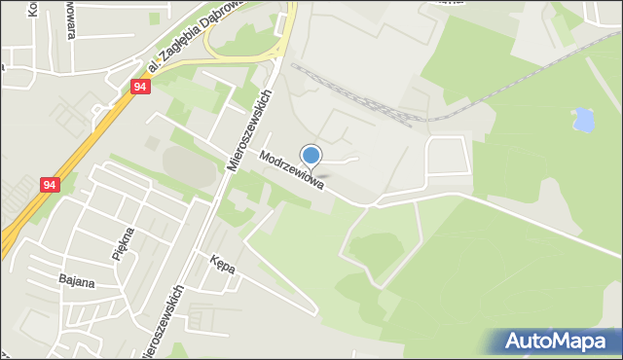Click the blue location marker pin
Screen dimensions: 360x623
click(x=311, y=156)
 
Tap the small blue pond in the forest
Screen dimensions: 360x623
click(x=584, y=120)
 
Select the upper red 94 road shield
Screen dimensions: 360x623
click(x=140, y=88)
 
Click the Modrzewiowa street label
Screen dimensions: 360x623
click(x=291, y=170)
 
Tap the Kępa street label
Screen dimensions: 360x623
click(x=222, y=263)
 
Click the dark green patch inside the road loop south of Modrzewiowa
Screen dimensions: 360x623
click(x=376, y=249)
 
